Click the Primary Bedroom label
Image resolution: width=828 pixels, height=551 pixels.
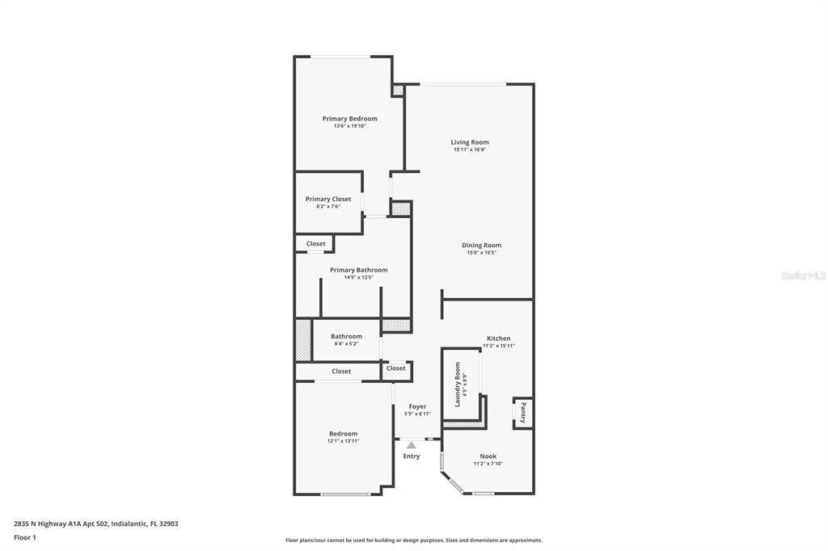(349, 119)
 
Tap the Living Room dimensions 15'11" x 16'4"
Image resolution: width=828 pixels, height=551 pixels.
(470, 149)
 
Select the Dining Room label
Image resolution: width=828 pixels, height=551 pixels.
(481, 246)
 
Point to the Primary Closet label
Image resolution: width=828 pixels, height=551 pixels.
(328, 199)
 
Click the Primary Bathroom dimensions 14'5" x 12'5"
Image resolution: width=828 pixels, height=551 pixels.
(358, 277)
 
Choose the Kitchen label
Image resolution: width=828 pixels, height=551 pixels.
(498, 339)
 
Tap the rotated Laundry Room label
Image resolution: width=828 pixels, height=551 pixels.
(458, 384)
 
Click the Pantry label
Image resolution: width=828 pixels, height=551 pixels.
(523, 413)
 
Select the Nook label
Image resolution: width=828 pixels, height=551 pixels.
(488, 456)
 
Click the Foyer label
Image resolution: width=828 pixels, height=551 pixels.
(417, 406)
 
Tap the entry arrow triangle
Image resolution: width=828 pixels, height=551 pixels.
(412, 445)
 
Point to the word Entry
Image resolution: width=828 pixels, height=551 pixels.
(412, 456)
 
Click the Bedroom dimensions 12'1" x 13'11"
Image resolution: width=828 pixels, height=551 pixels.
(343, 441)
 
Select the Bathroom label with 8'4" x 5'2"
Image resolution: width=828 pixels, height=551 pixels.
(346, 336)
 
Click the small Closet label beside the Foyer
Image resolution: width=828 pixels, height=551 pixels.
(395, 368)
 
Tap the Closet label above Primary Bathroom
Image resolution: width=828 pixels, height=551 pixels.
(315, 243)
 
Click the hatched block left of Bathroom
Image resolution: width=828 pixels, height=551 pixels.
(302, 340)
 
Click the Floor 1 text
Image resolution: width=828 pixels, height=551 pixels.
(25, 537)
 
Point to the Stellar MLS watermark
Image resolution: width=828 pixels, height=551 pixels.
(802, 275)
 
